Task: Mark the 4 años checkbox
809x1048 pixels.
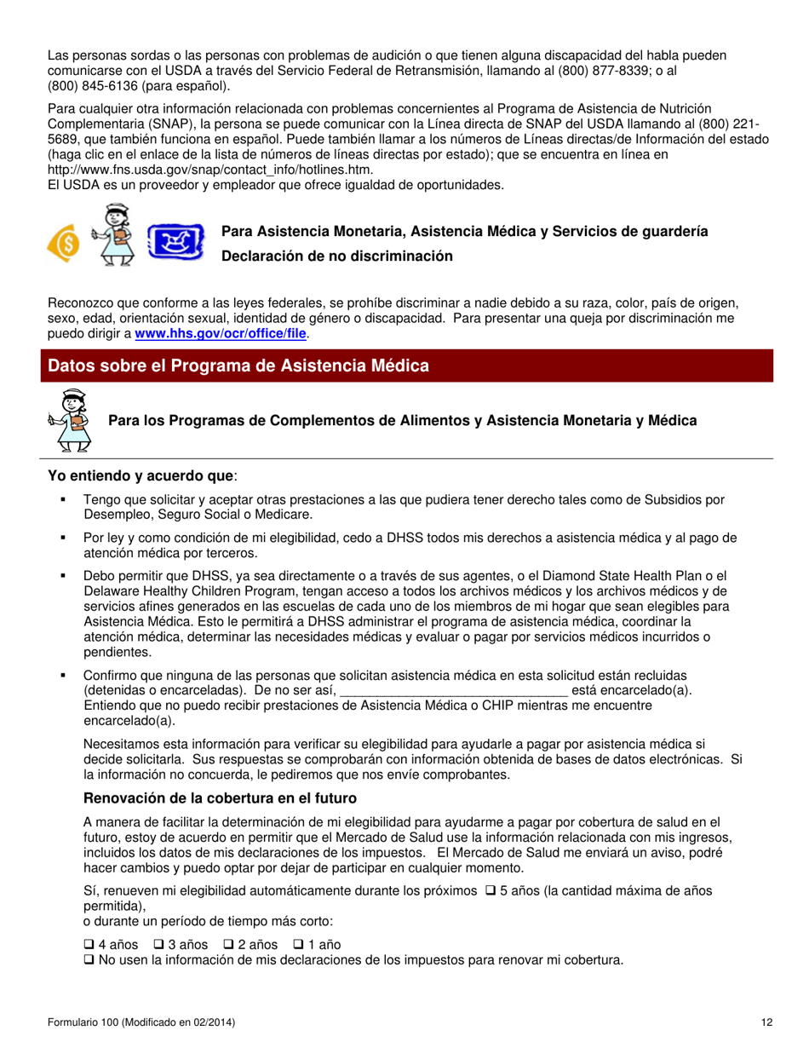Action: [89, 945]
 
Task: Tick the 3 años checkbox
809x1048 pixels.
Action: [158, 945]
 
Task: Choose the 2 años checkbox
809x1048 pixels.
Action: [228, 945]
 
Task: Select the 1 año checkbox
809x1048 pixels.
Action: [298, 945]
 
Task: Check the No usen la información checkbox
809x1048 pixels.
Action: [89, 960]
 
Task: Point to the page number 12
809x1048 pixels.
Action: [767, 1022]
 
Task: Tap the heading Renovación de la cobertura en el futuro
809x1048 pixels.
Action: [220, 798]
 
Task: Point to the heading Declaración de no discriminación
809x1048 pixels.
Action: [337, 256]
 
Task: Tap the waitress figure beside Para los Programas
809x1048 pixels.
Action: [71, 419]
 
